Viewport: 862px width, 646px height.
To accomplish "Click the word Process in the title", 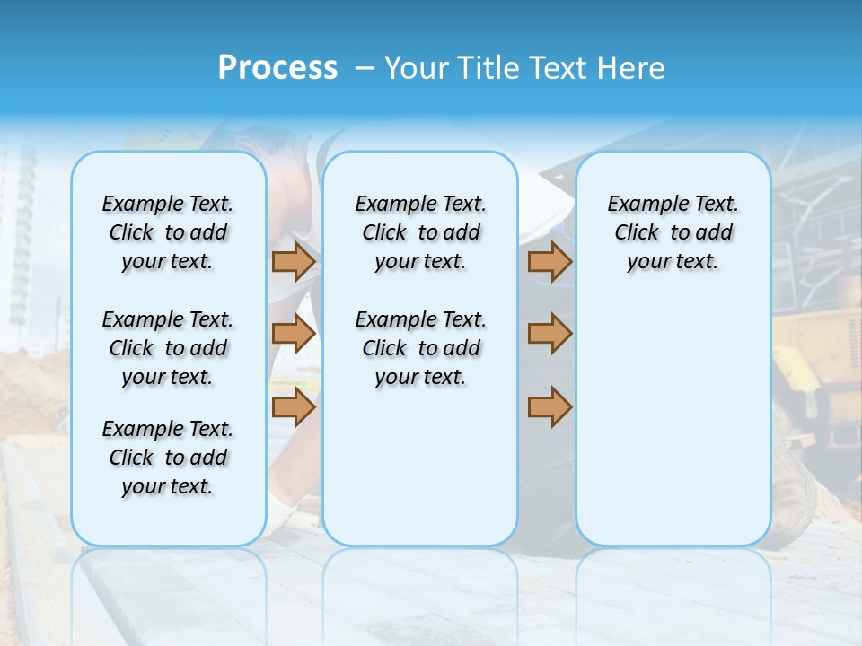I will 277,67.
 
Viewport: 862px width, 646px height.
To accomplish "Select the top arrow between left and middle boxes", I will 294,262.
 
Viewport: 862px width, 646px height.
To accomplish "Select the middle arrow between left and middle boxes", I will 294,334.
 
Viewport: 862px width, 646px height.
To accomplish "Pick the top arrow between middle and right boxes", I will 550,262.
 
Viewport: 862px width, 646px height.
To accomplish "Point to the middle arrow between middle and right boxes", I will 550,334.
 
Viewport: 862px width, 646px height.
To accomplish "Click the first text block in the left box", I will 168,232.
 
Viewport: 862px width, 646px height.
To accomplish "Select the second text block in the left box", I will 168,348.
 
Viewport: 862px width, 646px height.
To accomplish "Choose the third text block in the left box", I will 168,458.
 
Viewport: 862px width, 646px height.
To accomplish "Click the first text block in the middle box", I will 420,232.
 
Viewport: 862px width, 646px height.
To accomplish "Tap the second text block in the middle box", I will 420,348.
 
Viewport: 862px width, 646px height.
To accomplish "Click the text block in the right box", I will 673,232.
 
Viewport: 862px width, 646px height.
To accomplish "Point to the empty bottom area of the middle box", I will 420,476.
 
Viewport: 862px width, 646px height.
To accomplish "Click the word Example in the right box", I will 641,205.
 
